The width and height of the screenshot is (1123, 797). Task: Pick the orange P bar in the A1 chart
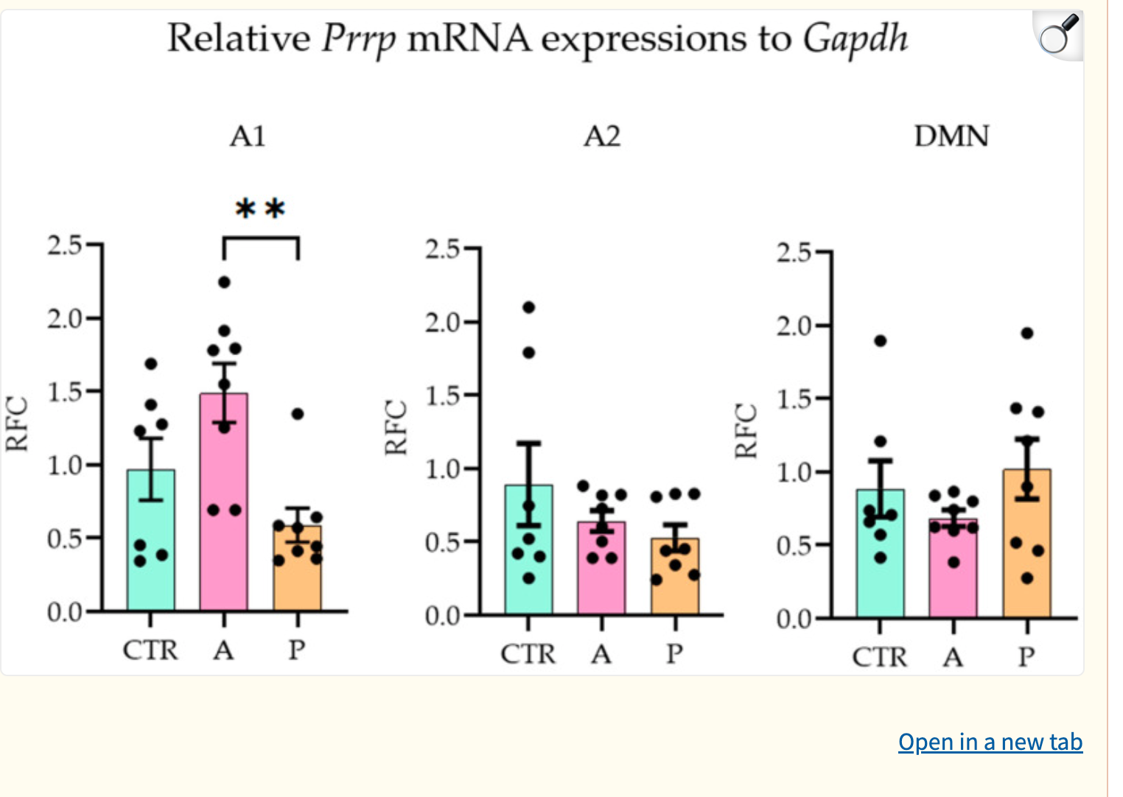(x=297, y=578)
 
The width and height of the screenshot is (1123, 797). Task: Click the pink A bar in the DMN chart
(x=953, y=582)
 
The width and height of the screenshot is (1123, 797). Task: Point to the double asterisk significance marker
(x=260, y=209)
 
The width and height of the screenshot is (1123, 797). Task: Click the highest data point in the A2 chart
(x=528, y=307)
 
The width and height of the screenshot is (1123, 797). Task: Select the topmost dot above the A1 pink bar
(x=224, y=282)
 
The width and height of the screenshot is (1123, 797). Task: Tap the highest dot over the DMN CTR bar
(x=880, y=341)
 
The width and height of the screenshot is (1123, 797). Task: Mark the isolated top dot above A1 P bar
(x=297, y=414)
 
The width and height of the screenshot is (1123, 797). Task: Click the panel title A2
(x=602, y=136)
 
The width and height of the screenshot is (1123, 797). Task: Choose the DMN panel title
(x=951, y=136)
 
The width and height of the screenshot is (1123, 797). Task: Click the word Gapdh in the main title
(x=855, y=38)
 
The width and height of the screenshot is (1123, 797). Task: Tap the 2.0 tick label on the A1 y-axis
(x=65, y=319)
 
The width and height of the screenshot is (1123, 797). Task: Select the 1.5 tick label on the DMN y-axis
(x=794, y=399)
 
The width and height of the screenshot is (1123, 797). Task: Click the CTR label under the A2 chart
(x=528, y=654)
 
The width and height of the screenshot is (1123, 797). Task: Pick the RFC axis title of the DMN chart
(x=746, y=431)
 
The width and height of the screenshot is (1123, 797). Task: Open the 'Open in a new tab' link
(x=990, y=742)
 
